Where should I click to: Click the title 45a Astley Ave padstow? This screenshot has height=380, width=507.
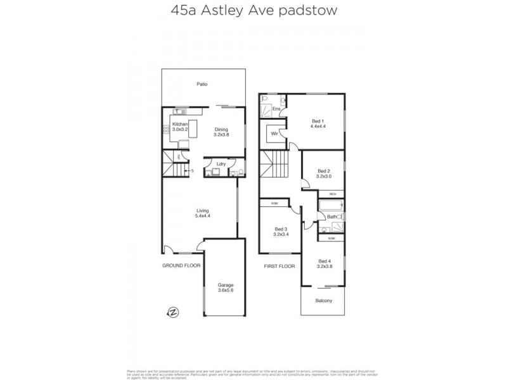[253, 11]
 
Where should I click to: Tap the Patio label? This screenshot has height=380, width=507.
[202, 84]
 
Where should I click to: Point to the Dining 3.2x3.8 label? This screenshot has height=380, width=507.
[221, 132]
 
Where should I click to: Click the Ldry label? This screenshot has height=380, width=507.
[221, 165]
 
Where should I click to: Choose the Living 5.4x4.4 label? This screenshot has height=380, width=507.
[202, 213]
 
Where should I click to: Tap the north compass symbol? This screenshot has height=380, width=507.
[172, 311]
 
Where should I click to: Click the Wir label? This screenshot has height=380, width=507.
[275, 134]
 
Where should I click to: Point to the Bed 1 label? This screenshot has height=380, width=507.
[318, 123]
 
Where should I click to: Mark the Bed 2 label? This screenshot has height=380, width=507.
[324, 174]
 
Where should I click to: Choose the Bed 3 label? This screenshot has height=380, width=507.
[281, 232]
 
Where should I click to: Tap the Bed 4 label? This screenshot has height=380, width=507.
[324, 264]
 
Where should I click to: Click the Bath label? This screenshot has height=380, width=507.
[331, 217]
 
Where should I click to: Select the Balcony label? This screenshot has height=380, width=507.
[324, 300]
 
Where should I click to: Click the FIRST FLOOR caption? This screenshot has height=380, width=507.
[279, 267]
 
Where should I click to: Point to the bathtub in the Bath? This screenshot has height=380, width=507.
[330, 206]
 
